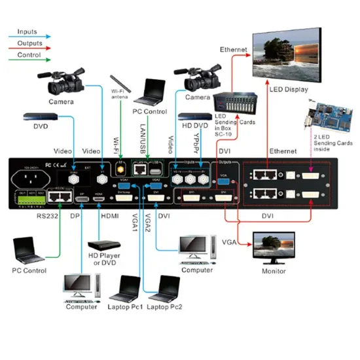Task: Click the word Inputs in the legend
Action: click(x=27, y=31)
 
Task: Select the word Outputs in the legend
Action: click(x=29, y=43)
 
